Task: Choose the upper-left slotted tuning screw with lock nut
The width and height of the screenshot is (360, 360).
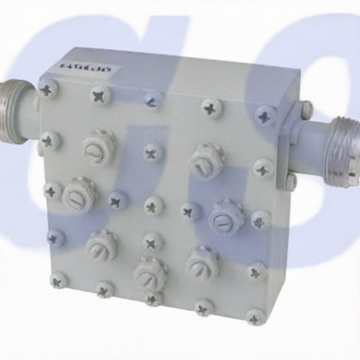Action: point(98,147)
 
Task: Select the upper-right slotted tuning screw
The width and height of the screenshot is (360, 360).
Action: point(205,161)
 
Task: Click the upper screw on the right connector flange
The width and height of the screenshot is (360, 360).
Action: point(306,110)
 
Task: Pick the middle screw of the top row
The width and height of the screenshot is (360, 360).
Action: point(153,100)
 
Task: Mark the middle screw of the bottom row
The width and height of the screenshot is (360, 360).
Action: point(153,299)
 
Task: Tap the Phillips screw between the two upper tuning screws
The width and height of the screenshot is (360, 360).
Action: point(152,152)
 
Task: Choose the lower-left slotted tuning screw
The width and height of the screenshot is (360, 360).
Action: point(102,244)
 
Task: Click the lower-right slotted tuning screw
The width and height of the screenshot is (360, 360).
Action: point(202,262)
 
